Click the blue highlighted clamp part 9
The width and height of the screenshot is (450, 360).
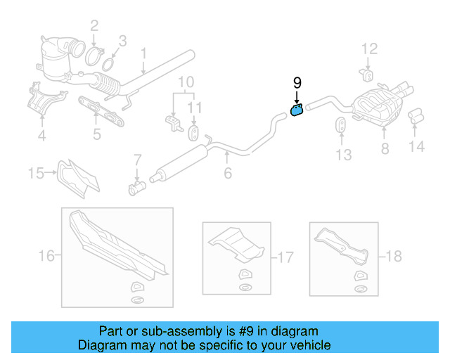[x=297, y=110]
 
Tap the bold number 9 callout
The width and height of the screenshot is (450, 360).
[x=297, y=84]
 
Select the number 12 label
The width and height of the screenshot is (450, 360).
[x=369, y=49]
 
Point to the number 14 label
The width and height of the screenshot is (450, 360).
[x=417, y=147]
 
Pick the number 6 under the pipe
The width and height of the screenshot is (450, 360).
[x=227, y=172]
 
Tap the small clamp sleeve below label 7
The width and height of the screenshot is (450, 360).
[x=136, y=188]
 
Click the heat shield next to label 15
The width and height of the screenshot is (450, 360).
[x=77, y=176]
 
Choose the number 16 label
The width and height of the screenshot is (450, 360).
[x=46, y=256]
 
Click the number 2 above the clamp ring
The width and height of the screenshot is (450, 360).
[x=94, y=27]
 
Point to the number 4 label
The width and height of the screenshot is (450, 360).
[x=41, y=136]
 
